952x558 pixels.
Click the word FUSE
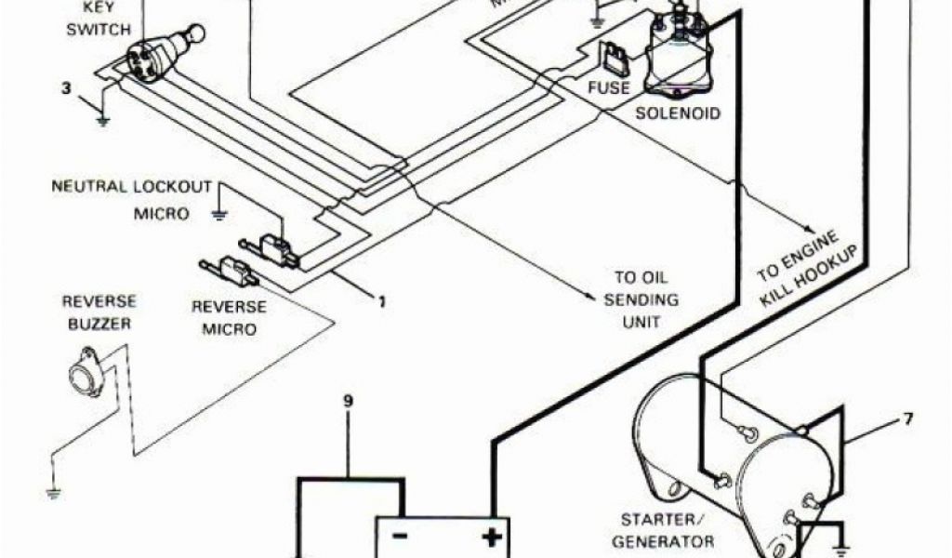(x=609, y=88)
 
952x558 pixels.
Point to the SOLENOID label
(x=678, y=113)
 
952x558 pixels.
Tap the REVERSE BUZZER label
(x=98, y=312)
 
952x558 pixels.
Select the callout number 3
(x=65, y=89)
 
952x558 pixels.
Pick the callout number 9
(x=349, y=402)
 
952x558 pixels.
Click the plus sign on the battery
(x=490, y=538)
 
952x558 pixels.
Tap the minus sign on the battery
(x=398, y=538)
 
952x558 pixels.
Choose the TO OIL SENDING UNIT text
(x=641, y=299)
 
